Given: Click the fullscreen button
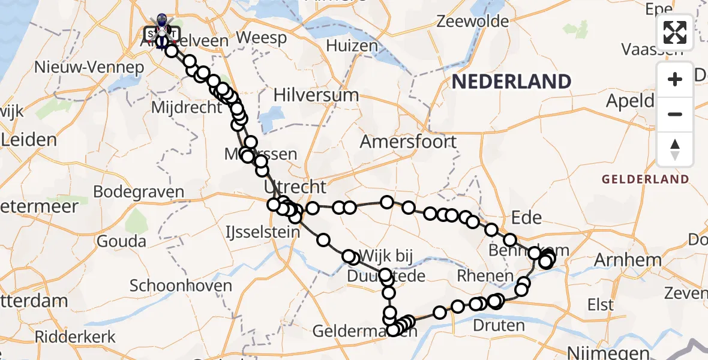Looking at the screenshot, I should point(675,32).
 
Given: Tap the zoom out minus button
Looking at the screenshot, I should point(675,114).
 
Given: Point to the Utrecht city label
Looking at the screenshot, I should point(295,187).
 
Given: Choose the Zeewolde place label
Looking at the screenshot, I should point(473,22).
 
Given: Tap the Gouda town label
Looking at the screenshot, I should point(122,241).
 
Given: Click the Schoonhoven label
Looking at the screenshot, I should point(181,286).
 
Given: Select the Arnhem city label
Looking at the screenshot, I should point(619,260).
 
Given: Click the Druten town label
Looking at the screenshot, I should point(499,326).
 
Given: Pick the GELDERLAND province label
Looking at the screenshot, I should point(645,179).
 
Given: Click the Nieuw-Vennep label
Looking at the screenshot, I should point(89,67).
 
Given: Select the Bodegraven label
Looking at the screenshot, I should point(139,192).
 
